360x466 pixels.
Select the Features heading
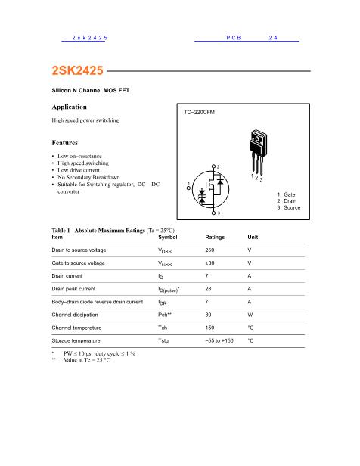65,142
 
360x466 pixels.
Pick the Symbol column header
169,237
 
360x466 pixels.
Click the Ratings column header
215,237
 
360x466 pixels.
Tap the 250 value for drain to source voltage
210,250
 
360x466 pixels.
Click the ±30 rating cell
210,263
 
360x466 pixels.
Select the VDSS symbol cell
166,250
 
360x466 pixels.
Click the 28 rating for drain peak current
209,288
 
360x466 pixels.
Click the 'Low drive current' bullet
83,170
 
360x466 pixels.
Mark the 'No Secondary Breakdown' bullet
93,177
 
